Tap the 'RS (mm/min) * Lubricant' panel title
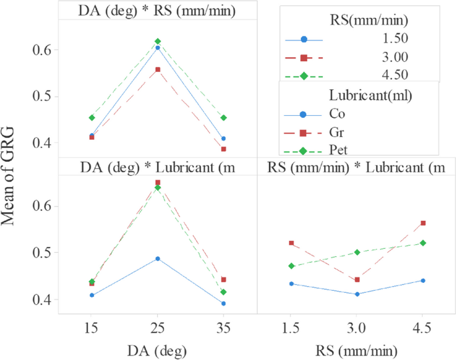pyautogui.click(x=355, y=166)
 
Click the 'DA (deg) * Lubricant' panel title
pyautogui.click(x=157, y=166)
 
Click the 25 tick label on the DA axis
pyautogui.click(x=157, y=328)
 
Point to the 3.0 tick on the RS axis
pyautogui.click(x=356, y=328)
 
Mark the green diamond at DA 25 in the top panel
pyautogui.click(x=157, y=41)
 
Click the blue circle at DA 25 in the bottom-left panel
pyautogui.click(x=157, y=258)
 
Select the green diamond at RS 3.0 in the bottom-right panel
pyautogui.click(x=357, y=252)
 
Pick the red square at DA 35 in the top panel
pyautogui.click(x=224, y=149)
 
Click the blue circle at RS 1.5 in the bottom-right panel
pyautogui.click(x=290, y=283)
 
